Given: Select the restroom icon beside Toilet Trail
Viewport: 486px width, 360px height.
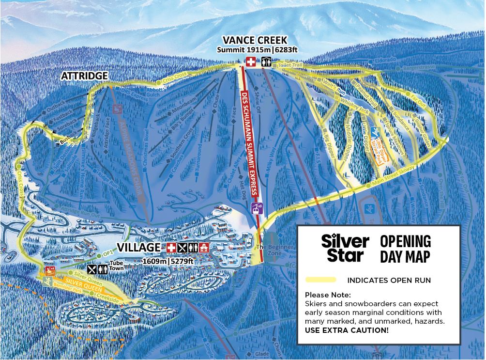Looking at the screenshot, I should [x=266, y=62].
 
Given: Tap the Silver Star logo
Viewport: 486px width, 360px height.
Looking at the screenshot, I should [x=345, y=248].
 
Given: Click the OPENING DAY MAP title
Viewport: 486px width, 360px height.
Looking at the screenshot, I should [x=405, y=248].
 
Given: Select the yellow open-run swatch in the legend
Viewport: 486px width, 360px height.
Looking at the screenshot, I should [x=321, y=280].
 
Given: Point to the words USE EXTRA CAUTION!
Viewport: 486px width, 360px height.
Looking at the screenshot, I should [x=347, y=330].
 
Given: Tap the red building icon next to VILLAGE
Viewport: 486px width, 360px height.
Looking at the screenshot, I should [x=204, y=248].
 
